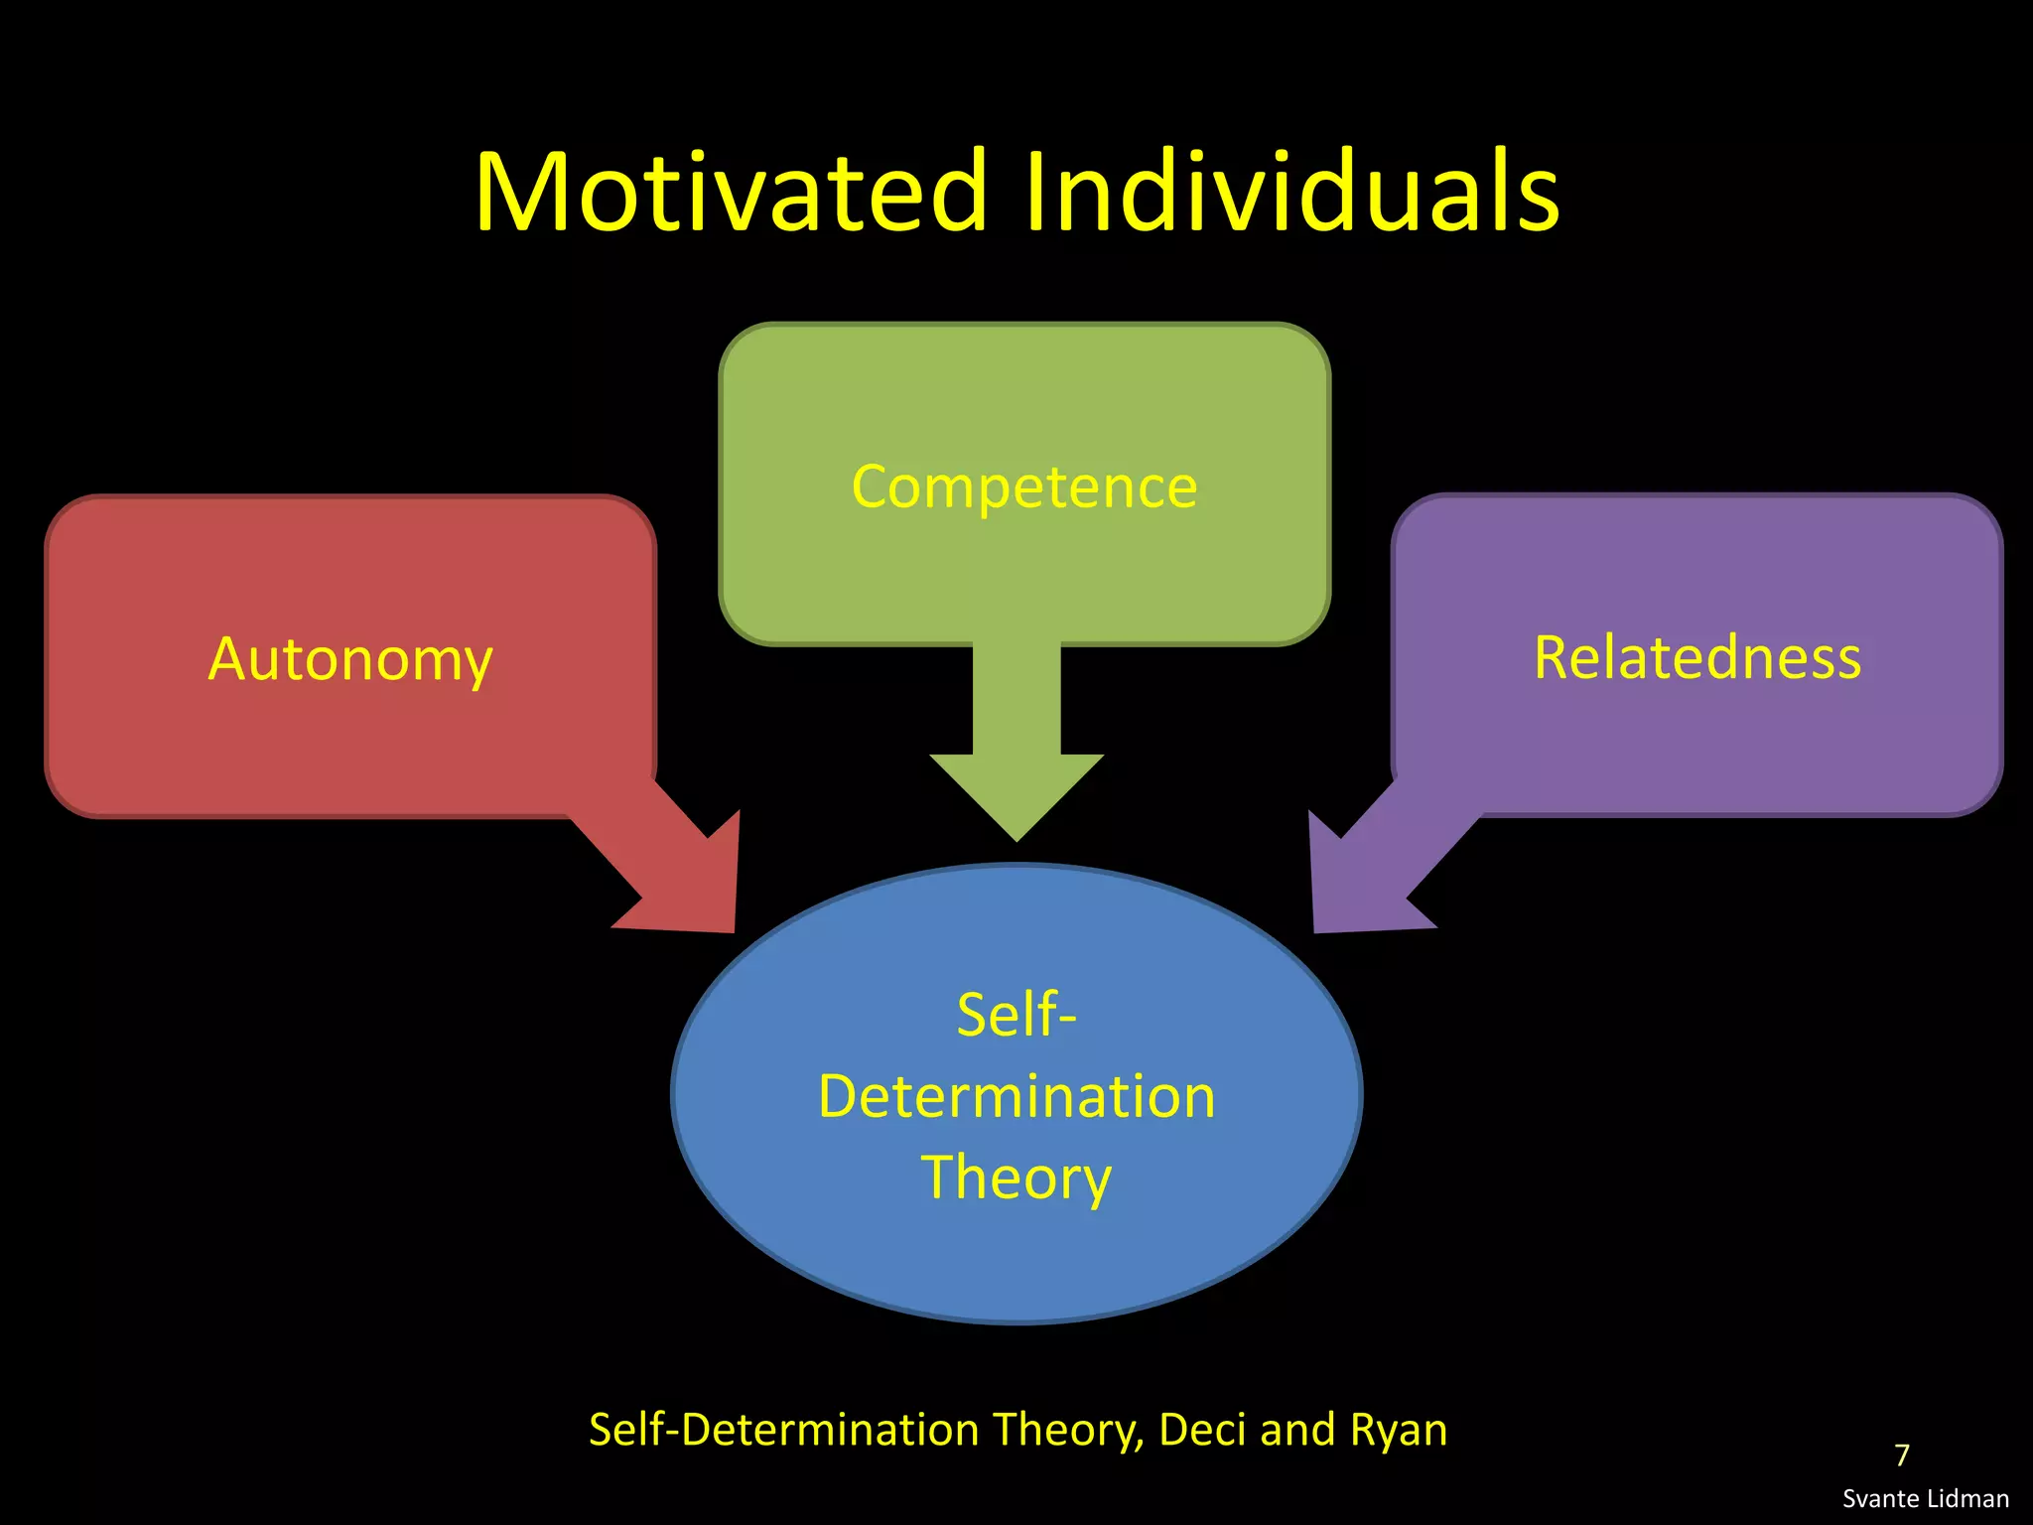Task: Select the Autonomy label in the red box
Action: coord(350,658)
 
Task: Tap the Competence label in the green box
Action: coord(1024,486)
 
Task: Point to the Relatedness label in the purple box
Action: coord(1697,657)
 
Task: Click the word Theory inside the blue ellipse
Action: coord(1016,1178)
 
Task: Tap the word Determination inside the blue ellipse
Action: coord(1016,1096)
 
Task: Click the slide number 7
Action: coord(1902,1456)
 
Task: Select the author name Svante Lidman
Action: coord(1926,1499)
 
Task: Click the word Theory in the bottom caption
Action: coord(1068,1430)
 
